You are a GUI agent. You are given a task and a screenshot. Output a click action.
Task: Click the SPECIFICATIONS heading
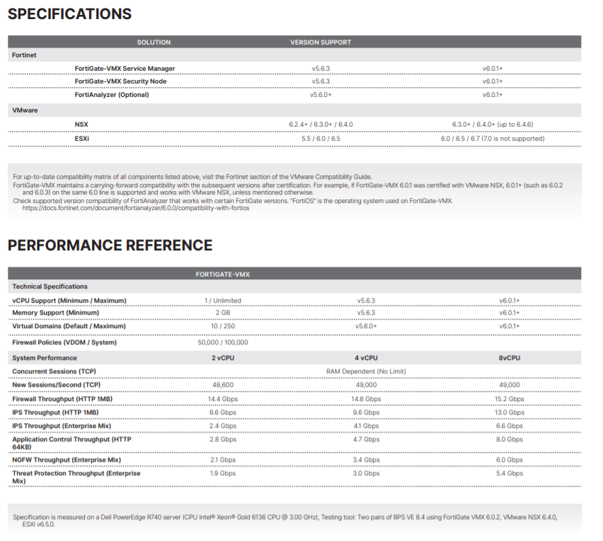70,13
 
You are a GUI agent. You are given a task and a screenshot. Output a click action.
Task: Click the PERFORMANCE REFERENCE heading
110,245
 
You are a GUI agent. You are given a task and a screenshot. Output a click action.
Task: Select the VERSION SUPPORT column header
320,42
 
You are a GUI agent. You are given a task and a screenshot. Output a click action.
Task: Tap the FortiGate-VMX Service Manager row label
125,69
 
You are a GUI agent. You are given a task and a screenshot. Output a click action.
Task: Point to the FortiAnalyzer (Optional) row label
112,95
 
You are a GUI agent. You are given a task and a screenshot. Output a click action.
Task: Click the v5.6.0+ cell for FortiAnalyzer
321,95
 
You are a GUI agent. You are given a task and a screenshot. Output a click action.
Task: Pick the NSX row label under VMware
81,124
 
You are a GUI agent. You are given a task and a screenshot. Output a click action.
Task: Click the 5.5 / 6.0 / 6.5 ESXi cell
321,139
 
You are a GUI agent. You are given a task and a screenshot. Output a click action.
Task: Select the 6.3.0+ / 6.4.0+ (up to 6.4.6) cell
493,124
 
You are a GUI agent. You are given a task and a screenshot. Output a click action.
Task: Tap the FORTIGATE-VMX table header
223,274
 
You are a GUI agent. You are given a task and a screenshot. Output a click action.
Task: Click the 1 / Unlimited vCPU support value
223,301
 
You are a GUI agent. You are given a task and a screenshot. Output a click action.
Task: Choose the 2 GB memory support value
223,313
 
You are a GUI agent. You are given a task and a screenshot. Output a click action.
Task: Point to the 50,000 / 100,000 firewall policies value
223,342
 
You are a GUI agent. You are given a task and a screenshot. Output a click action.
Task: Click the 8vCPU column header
510,359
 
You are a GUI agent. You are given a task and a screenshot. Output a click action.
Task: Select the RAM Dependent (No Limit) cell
366,371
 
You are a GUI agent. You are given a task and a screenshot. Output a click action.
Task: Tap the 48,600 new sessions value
223,385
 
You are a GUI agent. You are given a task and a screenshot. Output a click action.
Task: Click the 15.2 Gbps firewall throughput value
510,399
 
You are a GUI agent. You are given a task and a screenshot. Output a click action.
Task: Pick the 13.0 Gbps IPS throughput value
510,412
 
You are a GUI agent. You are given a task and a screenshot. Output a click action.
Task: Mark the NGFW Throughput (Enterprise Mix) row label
67,460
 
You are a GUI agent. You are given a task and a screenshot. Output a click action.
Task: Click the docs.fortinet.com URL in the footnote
136,209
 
